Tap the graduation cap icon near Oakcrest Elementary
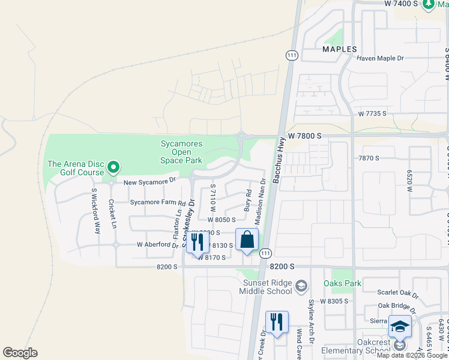tap(400, 327)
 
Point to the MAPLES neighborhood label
tap(339, 49)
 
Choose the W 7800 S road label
tap(304, 136)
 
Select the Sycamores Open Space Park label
tap(181, 152)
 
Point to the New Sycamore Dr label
tap(149, 180)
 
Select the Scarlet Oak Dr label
tap(397, 293)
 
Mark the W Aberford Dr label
tap(157, 245)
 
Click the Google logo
tap(20, 353)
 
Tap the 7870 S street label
tap(368, 158)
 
